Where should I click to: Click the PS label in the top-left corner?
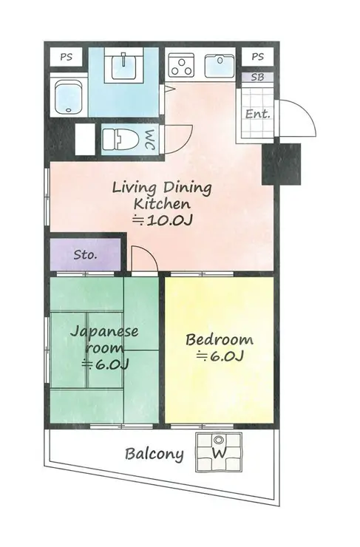point(66,57)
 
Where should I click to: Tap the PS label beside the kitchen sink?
point(257,56)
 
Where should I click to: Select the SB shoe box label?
point(257,77)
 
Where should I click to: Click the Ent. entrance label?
point(258,114)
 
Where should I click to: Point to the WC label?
point(149,140)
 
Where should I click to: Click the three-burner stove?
point(181,65)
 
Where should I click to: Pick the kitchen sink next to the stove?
point(220,66)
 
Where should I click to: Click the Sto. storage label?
point(85,255)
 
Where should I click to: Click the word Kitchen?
point(162,203)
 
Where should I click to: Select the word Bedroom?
point(220,339)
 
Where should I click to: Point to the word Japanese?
point(104,332)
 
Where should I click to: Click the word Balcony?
point(154,454)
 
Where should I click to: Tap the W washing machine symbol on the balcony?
point(219,453)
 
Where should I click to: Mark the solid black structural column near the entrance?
point(281,163)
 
